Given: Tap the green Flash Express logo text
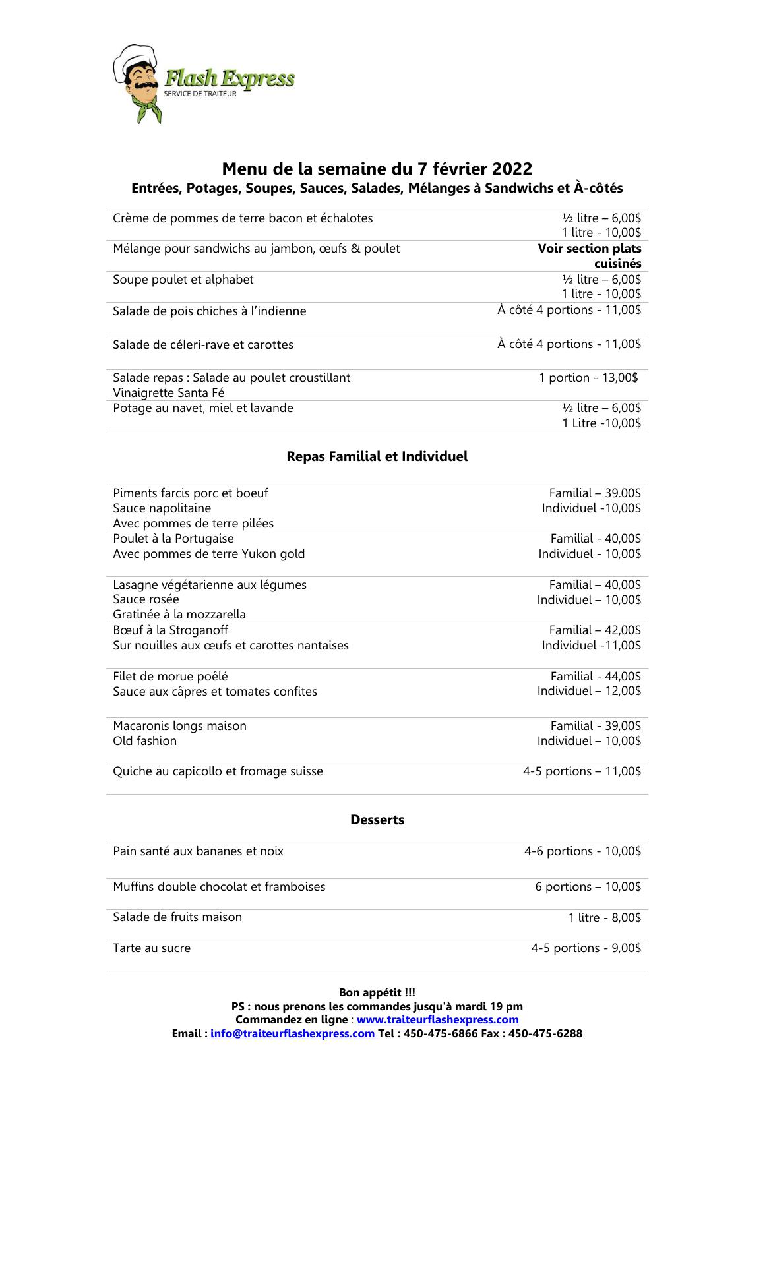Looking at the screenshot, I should click(229, 79).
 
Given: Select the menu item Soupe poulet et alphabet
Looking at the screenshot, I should click(183, 280).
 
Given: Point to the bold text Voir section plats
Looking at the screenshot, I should click(589, 249).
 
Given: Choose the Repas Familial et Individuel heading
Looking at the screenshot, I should click(377, 456).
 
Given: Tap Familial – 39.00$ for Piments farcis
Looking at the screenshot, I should click(594, 493).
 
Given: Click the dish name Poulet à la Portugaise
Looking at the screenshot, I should click(173, 539).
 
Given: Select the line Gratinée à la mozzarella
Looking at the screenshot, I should click(179, 615).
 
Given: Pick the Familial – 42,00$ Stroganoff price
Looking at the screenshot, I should click(594, 630).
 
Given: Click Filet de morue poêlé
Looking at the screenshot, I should click(170, 677).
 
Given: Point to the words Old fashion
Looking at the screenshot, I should click(144, 741).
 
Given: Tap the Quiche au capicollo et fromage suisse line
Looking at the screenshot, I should click(218, 771).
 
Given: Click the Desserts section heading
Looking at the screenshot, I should click(377, 820).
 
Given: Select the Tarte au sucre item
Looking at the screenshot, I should click(152, 948).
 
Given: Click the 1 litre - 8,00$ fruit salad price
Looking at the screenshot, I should click(604, 918).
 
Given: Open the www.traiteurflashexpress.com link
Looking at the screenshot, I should click(437, 1020).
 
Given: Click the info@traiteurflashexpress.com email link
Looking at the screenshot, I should click(292, 1034).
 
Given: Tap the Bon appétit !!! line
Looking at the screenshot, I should click(377, 992).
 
